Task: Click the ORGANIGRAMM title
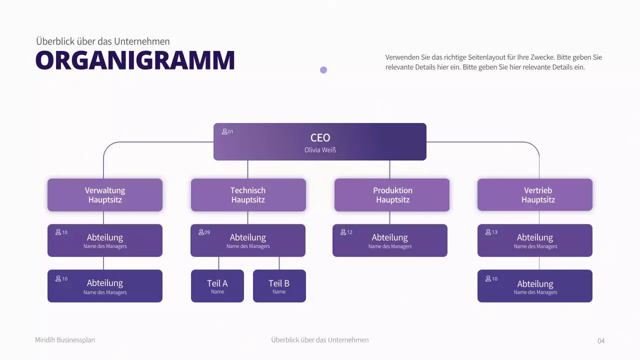(x=135, y=60)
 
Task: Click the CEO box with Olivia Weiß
(x=320, y=141)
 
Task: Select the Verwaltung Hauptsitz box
(x=105, y=195)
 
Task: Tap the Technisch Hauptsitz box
(x=248, y=195)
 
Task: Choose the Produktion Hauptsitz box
(x=392, y=195)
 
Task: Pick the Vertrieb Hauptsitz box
(x=535, y=195)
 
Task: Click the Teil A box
(x=217, y=286)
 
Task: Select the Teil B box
(x=279, y=286)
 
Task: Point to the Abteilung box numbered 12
(x=390, y=240)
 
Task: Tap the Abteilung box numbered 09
(x=248, y=240)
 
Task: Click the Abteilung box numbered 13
(x=535, y=240)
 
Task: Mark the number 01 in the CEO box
(x=230, y=132)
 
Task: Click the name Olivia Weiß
(x=320, y=150)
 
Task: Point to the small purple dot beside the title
(x=323, y=70)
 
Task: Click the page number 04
(x=601, y=341)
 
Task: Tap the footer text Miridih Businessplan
(x=65, y=340)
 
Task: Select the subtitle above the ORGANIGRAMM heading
(x=103, y=41)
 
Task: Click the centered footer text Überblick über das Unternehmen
(x=320, y=340)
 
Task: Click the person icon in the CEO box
(x=224, y=131)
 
